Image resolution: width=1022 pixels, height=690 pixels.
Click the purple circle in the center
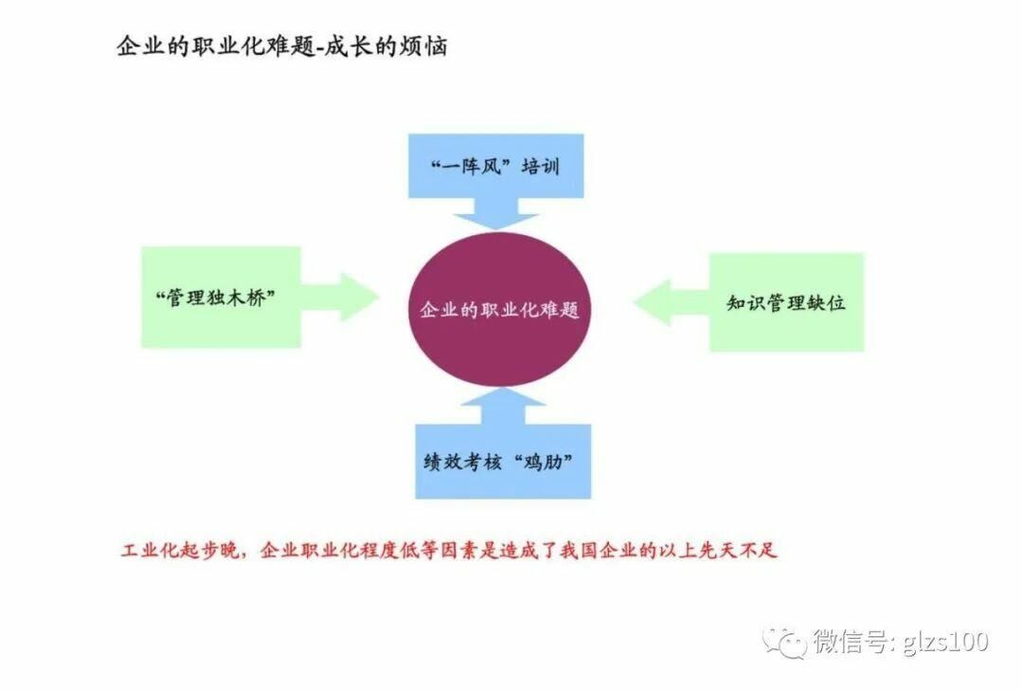click(x=500, y=307)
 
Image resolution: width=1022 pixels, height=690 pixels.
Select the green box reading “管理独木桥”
click(x=220, y=297)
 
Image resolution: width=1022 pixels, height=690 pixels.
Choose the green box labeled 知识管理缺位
click(x=786, y=302)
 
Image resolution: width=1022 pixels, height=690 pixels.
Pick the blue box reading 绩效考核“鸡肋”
click(x=502, y=462)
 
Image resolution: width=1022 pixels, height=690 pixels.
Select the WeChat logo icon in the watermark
click(x=786, y=642)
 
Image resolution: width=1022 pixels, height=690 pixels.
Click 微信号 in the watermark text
click(x=848, y=642)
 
